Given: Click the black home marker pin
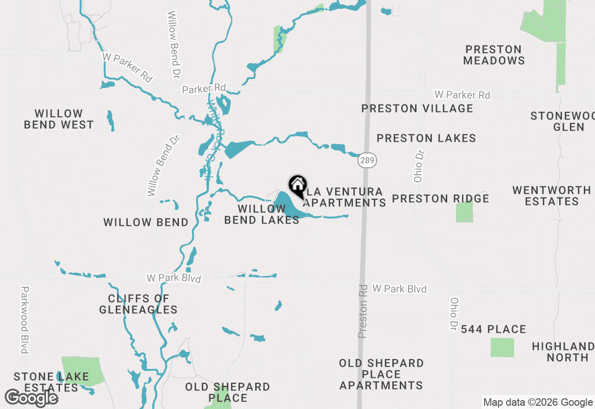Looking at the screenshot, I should pos(297,186).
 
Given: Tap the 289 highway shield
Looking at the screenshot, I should pos(367,161).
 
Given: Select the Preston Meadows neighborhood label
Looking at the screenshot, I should pos(494,55).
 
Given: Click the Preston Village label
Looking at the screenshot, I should pos(417,108).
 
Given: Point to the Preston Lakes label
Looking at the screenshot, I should pos(426,138).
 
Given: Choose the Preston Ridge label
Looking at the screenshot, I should pos(440,199).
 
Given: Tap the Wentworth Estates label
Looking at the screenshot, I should pos(552,196).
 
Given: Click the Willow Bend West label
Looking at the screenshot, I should pos(59,119).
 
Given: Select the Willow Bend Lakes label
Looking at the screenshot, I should pos(262,214).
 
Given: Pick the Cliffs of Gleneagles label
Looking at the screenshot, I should pos(138,304).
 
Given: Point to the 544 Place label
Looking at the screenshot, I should pos(493,330).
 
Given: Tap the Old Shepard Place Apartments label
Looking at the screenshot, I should pos(381,374).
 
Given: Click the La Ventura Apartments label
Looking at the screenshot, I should pos(344,197).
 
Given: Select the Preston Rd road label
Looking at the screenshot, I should pos(363,311).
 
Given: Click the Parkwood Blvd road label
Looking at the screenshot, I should pos(25,319).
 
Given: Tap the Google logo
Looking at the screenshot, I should pos(31,398).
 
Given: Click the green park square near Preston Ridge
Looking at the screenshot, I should pos(464,212).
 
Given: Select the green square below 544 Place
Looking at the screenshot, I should pos(502,347).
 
